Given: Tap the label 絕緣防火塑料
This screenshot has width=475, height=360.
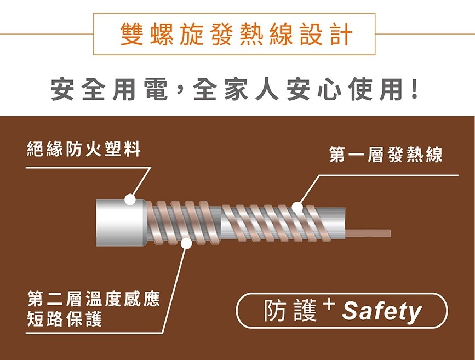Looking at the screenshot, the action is tap(84, 149).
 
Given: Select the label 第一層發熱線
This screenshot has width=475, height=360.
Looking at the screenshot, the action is tap(386, 154).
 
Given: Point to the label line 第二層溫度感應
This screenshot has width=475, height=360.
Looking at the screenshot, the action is tap(94, 299).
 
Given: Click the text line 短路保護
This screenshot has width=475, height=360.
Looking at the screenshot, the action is tap(65, 318).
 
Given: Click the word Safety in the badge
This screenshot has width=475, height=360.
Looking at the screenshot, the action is tap(382, 312).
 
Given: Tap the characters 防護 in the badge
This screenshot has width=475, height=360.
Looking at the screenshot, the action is tap(290, 311).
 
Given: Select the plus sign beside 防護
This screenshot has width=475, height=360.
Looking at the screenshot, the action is tap(330, 304).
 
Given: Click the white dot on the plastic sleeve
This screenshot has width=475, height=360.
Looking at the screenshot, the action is tap(130, 199).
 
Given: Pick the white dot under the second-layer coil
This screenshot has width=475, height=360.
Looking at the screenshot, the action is tap(186, 244).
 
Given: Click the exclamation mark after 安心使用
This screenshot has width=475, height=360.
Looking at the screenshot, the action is tap(414, 89).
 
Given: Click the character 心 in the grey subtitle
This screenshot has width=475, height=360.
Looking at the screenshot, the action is tap(330, 89).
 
